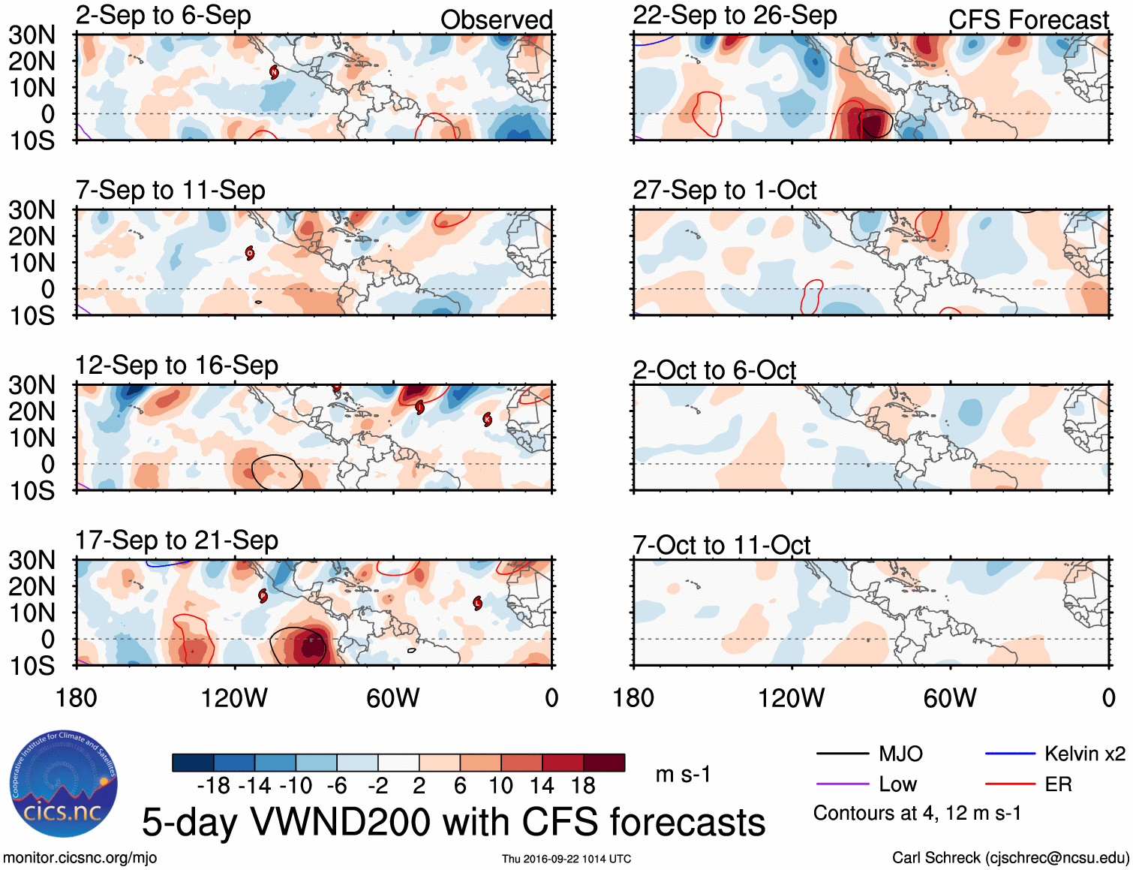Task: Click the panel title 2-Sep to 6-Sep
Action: pos(163,16)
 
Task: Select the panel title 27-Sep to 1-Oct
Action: pos(724,190)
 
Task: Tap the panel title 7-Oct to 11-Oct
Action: pos(721,545)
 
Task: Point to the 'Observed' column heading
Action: pos(496,20)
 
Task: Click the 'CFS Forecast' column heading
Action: pos(1028,20)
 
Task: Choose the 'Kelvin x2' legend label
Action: pos(1084,754)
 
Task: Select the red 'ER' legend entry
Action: pos(1058,784)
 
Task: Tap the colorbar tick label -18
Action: pos(213,786)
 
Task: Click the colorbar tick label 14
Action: pos(542,786)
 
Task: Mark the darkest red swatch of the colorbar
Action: pos(604,763)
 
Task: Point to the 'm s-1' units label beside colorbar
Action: pos(683,774)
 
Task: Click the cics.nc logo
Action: pos(64,784)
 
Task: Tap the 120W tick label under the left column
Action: pos(234,698)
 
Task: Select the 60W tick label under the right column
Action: pos(950,698)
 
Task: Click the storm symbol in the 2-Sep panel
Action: pos(274,72)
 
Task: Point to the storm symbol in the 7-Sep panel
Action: pos(250,253)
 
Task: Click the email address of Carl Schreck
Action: pos(1056,857)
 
